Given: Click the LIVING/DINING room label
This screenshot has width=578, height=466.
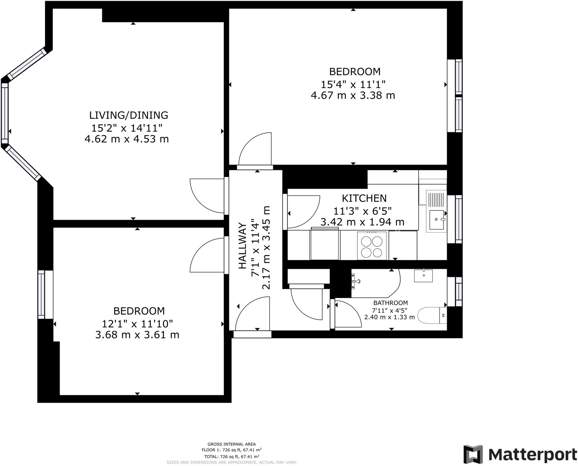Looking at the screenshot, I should pyautogui.click(x=128, y=115).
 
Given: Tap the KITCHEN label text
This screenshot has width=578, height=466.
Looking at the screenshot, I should pyautogui.click(x=364, y=198).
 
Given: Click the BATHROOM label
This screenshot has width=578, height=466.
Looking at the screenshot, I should pyautogui.click(x=390, y=303).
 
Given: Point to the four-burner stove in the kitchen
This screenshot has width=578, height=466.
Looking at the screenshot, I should pyautogui.click(x=372, y=246).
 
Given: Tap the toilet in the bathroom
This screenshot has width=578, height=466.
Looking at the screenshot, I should pyautogui.click(x=432, y=315).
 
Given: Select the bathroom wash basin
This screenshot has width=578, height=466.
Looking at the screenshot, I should pyautogui.click(x=423, y=276).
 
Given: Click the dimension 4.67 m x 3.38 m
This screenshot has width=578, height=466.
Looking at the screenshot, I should pyautogui.click(x=353, y=95).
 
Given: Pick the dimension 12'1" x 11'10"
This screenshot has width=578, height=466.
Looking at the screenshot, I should pyautogui.click(x=137, y=324).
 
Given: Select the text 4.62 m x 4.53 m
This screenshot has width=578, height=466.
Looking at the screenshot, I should pyautogui.click(x=126, y=139).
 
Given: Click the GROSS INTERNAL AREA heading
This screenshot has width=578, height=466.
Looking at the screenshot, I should pyautogui.click(x=231, y=444).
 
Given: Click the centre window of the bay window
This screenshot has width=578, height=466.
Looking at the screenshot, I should pyautogui.click(x=5, y=113).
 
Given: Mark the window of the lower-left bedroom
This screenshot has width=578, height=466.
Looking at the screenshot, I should pyautogui.click(x=41, y=294).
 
